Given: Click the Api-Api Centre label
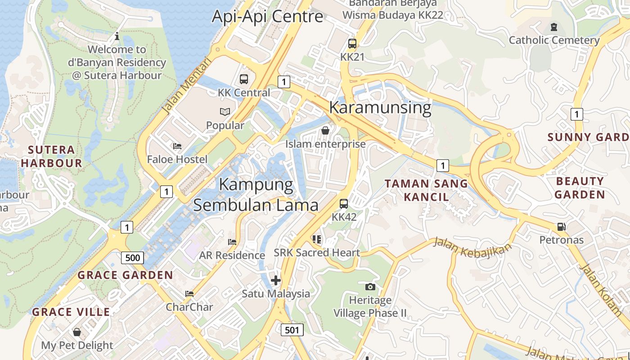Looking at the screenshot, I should [x=267, y=16].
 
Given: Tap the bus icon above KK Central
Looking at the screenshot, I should [x=244, y=79].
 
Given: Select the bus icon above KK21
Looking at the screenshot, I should [x=352, y=44].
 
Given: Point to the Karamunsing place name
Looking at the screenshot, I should [x=380, y=108].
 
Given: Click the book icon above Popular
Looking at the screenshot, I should [x=225, y=112].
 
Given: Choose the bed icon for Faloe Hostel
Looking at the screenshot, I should [x=177, y=146].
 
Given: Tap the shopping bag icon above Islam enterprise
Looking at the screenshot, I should [x=325, y=130].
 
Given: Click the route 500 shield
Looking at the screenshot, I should [x=132, y=258].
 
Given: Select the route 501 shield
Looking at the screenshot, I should [x=292, y=330].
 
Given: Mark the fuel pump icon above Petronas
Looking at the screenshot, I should [x=561, y=226].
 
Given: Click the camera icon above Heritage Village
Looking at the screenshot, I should [x=370, y=287].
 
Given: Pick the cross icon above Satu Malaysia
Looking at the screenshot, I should [x=276, y=280].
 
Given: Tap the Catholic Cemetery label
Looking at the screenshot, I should [x=554, y=40].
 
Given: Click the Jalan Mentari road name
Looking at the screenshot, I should [x=186, y=85].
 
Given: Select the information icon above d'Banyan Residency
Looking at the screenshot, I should [x=117, y=36].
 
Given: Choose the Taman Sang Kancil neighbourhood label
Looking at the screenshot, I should [x=426, y=190].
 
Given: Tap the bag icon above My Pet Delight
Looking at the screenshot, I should [x=77, y=332].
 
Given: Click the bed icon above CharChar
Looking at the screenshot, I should [x=189, y=294].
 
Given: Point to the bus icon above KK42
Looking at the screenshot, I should [x=344, y=203].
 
